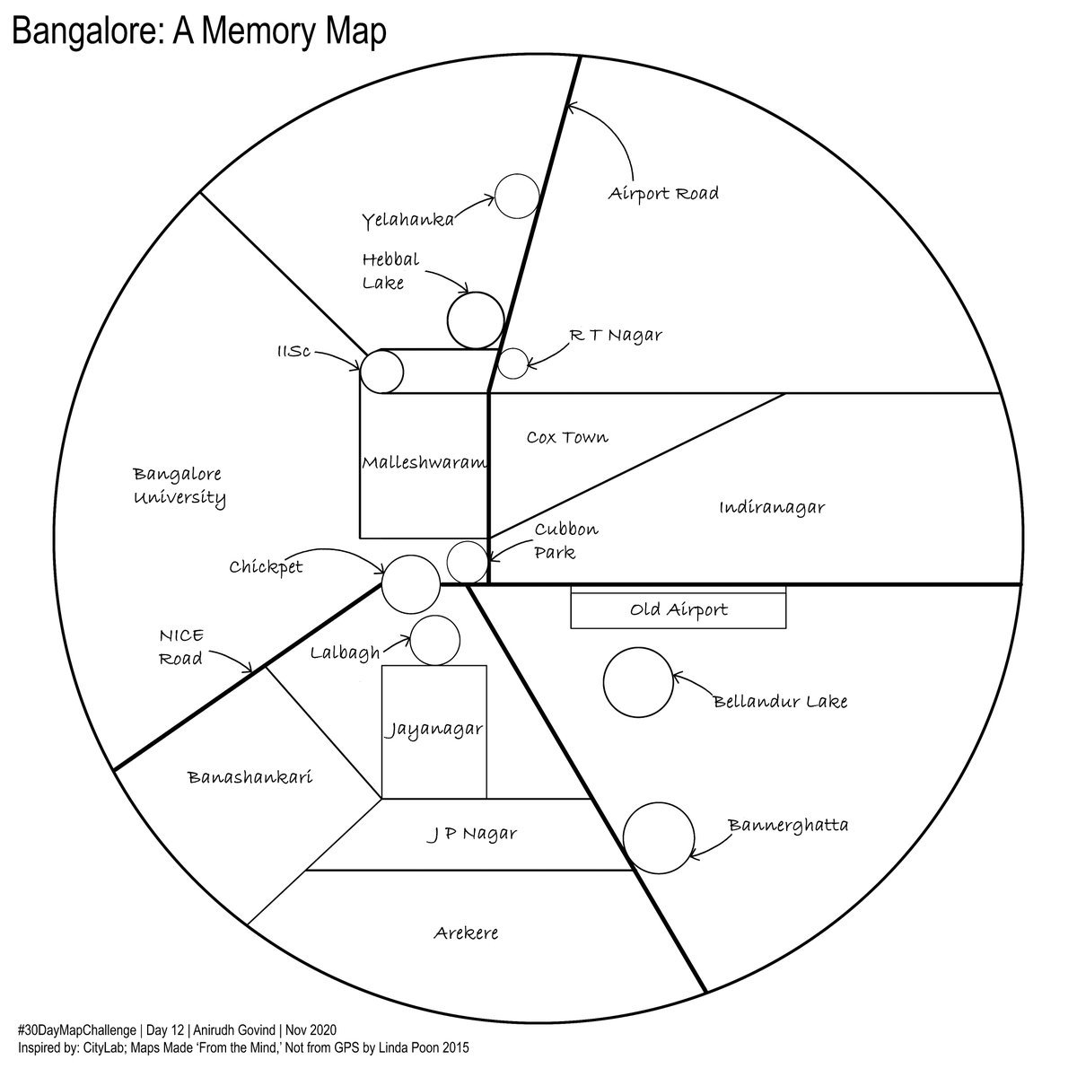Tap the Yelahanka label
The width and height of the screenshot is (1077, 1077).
tap(408, 220)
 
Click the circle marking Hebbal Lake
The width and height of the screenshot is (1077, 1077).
tap(474, 320)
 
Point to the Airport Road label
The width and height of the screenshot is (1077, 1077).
tap(663, 193)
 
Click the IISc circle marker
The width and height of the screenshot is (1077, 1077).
tap(382, 371)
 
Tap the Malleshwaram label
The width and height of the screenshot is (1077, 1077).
tap(425, 463)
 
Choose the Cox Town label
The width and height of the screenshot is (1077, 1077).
tap(567, 437)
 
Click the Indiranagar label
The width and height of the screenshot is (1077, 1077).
tap(772, 508)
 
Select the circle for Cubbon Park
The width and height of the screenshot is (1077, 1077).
tap(467, 562)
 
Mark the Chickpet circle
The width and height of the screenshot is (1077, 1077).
tap(410, 583)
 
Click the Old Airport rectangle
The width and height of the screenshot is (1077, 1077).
tap(679, 610)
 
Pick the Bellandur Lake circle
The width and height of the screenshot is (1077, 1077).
tap(638, 683)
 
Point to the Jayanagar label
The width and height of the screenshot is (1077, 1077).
tap(434, 729)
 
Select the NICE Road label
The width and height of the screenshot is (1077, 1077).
tap(181, 647)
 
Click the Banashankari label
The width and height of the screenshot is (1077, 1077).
tap(250, 777)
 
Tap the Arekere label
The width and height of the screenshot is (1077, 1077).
tap(466, 933)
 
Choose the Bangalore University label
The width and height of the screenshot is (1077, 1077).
tap(179, 486)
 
